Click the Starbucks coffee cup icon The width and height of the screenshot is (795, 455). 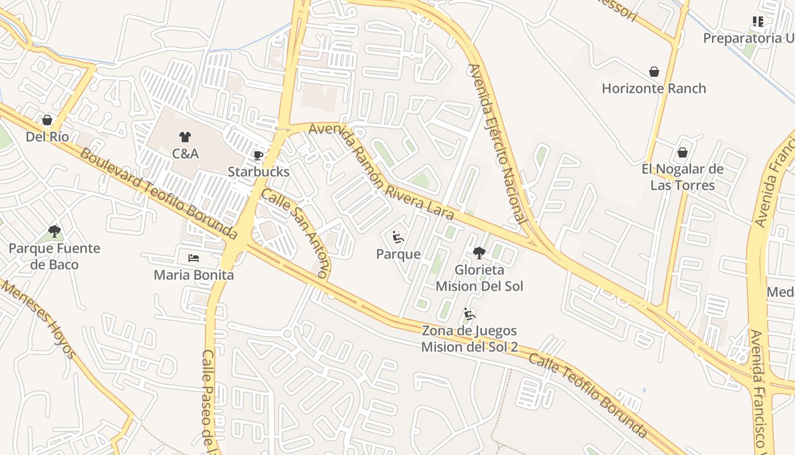pos(258,155)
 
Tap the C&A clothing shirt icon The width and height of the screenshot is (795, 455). pos(185,137)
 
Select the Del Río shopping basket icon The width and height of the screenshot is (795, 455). pos(47,121)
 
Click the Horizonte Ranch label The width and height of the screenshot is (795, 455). pos(654,89)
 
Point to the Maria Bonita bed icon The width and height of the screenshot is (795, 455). pos(194,258)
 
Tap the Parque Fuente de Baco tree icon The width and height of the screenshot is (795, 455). pos(55,231)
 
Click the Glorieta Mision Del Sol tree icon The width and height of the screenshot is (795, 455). pos(479,253)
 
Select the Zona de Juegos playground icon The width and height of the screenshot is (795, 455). pos(470,314)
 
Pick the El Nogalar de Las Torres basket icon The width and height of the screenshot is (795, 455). pos(683,152)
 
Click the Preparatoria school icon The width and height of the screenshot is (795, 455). pos(758,22)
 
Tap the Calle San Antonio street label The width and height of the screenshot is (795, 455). pos(295,233)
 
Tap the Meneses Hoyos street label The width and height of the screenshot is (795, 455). pos(38,319)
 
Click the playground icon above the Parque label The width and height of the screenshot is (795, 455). pos(398,237)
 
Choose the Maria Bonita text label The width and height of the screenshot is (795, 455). pos(194,275)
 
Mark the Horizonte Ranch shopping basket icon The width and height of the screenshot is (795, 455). pos(654,72)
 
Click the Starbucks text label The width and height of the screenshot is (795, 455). pos(258,172)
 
